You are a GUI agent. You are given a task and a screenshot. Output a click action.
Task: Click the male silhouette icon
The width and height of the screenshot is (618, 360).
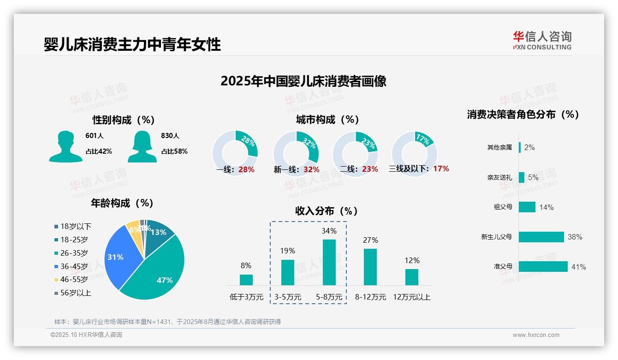(x=65, y=146)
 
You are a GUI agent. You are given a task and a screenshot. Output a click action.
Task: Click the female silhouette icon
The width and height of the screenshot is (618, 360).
(x=142, y=146)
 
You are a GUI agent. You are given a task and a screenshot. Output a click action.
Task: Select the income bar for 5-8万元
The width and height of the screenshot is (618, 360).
(x=329, y=262)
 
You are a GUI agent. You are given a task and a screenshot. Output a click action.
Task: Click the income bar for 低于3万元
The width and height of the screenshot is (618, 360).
(x=246, y=280)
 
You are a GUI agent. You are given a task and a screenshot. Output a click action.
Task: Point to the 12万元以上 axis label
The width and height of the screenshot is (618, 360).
(x=412, y=297)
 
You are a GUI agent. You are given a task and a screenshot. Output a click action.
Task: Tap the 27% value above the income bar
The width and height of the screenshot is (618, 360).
(x=370, y=240)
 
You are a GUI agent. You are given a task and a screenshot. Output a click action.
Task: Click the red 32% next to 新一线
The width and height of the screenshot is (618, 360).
(x=311, y=170)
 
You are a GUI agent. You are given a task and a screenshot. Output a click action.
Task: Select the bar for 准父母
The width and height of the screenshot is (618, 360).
(x=543, y=267)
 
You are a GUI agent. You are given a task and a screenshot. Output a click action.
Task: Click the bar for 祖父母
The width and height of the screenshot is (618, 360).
(x=527, y=207)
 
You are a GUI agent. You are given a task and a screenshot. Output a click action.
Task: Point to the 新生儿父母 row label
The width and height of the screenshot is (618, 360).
(x=496, y=237)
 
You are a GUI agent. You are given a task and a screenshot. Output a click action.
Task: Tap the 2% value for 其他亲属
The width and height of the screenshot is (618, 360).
(x=529, y=147)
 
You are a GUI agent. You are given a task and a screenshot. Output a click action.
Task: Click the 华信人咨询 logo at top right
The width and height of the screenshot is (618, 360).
(x=542, y=40)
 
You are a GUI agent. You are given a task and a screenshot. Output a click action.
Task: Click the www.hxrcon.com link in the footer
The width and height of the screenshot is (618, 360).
(x=536, y=335)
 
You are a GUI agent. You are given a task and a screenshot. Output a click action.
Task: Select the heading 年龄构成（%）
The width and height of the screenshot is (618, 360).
(x=122, y=203)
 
